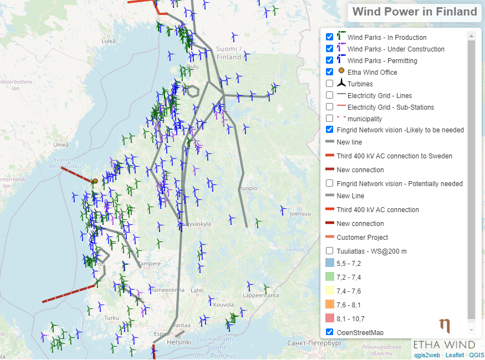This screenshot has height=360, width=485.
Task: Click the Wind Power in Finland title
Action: point(415,12)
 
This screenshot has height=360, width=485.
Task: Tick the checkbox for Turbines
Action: point(330,84)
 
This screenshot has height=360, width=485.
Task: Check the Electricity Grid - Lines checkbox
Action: point(330,95)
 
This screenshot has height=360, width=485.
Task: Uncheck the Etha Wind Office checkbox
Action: point(330,72)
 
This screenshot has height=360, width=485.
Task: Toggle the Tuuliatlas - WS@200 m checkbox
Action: point(330,250)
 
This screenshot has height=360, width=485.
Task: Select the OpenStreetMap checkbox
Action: point(330,332)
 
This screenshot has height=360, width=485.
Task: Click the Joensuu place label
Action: point(300,213)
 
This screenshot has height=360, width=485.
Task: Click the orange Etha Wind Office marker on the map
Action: point(95,181)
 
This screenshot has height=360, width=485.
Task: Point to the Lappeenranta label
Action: point(261,296)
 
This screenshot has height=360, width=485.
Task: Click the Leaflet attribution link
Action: point(454,355)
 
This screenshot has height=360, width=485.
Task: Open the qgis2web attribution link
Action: point(427,355)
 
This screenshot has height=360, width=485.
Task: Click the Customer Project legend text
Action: point(362,237)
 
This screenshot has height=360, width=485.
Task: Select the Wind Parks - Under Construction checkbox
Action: point(330,49)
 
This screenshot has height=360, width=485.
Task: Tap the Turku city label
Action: point(112,318)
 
